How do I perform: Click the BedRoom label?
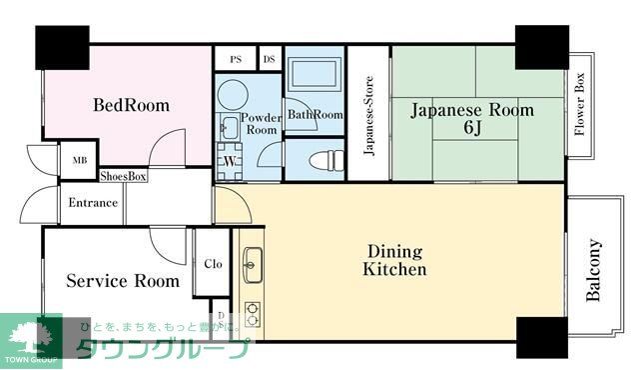coord(131,105)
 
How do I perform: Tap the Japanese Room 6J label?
coord(472,119)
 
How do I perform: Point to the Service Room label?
coord(123,281)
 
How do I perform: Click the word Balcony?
coord(594,270)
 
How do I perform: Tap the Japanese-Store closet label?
coord(368,117)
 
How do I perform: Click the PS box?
coord(236,59)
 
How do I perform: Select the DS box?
coord(269,59)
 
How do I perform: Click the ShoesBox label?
coord(124,176)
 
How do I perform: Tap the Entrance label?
coord(93,203)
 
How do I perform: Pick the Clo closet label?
coord(213,264)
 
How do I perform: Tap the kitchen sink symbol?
coord(252,264)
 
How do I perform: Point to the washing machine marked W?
coord(229,161)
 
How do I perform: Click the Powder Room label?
coord(262,123)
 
